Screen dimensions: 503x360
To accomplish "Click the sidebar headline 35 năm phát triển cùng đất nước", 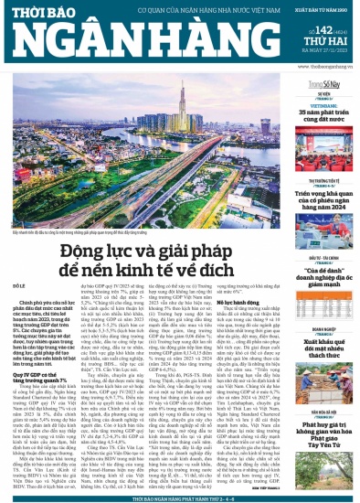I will click(x=319, y=115).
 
